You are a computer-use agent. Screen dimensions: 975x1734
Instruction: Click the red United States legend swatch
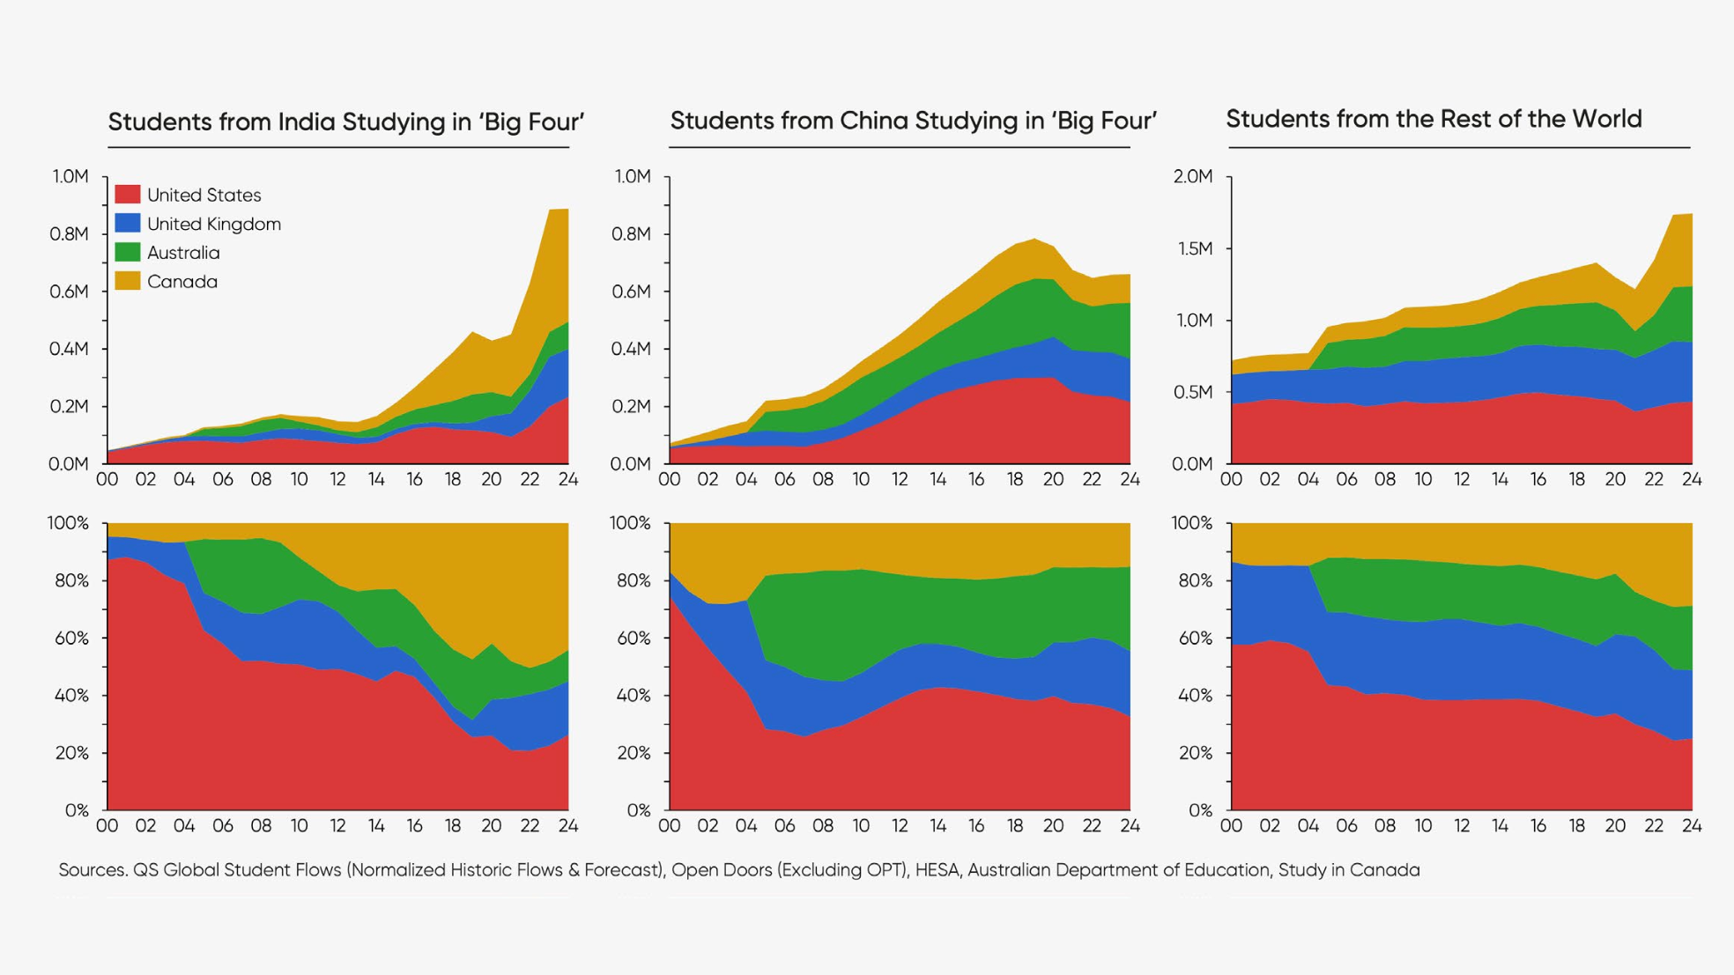tap(128, 195)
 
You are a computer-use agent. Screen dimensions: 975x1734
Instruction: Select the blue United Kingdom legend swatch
tap(128, 224)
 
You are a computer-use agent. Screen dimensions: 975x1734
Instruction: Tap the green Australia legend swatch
tap(128, 253)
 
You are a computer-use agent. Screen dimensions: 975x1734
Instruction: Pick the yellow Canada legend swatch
tap(128, 282)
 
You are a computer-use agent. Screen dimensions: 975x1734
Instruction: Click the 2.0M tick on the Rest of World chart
tap(1193, 177)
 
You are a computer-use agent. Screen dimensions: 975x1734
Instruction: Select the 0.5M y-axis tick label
tap(1194, 392)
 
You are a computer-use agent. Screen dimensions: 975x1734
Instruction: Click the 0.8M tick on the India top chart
tap(69, 234)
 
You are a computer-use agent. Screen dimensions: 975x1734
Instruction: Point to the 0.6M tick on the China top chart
tap(631, 292)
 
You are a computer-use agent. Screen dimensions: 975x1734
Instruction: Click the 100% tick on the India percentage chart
tap(68, 523)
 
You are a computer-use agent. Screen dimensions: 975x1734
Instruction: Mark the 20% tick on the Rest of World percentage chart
tap(1196, 753)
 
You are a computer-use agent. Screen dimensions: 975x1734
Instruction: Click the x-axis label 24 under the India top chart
tap(568, 480)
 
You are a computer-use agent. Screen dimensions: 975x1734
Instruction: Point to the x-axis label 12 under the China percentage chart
tap(900, 826)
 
